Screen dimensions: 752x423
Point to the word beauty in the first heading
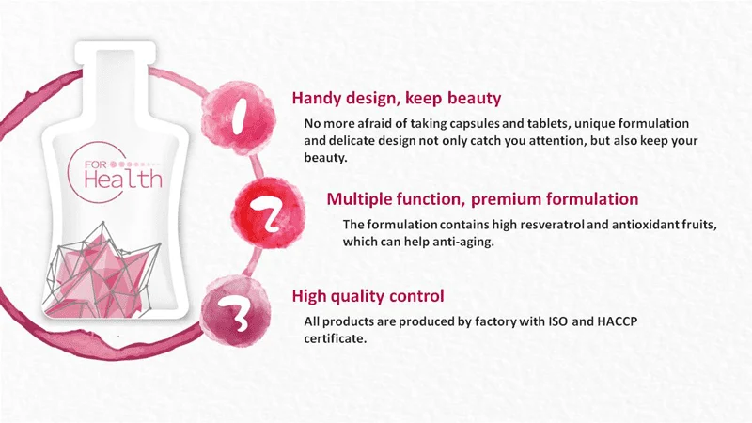pos(475,99)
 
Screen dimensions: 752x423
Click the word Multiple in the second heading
pos(359,199)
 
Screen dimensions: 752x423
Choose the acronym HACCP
pos(618,321)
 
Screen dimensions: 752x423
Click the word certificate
pos(336,338)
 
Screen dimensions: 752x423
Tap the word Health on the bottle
pos(123,178)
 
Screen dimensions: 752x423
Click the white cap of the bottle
pos(116,52)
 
